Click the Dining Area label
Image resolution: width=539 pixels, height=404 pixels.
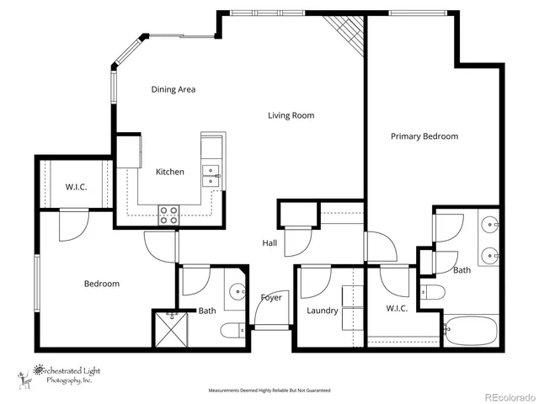173,89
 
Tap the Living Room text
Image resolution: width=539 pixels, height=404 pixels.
291,115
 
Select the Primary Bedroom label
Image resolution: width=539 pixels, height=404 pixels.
424,136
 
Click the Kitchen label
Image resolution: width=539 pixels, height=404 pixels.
169,172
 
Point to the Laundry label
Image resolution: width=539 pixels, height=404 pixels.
323,311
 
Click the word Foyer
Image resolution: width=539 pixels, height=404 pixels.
271,297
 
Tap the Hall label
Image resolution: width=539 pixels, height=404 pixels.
269,242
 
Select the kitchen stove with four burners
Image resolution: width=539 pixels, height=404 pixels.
169,214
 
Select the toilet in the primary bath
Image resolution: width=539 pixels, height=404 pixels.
432,293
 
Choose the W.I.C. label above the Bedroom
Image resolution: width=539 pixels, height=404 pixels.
77,187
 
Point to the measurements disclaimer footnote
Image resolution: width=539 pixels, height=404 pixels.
269,391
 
